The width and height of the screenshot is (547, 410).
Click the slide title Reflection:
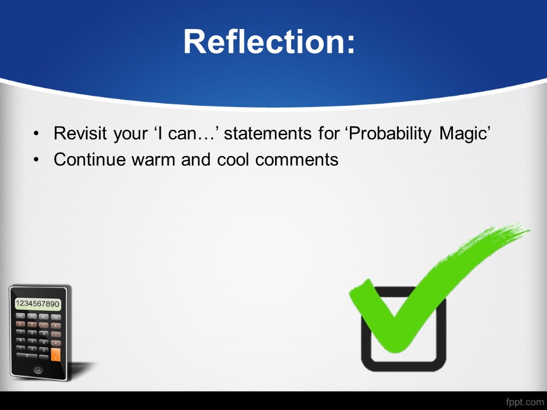coord(269,42)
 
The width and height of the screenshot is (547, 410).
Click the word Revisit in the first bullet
coord(80,133)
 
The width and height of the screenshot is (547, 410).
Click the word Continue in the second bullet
coord(89,159)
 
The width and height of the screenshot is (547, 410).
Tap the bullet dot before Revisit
coord(36,133)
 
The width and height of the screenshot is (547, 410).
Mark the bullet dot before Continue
coord(36,159)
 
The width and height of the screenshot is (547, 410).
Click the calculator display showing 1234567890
coord(38,304)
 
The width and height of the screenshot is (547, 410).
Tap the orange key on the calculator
coord(55,355)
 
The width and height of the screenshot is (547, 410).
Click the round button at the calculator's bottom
coord(38,369)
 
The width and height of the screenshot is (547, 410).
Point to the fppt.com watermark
coord(524,403)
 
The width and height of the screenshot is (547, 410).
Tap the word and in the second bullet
coord(195,159)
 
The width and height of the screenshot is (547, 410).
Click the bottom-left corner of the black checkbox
coord(364,368)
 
